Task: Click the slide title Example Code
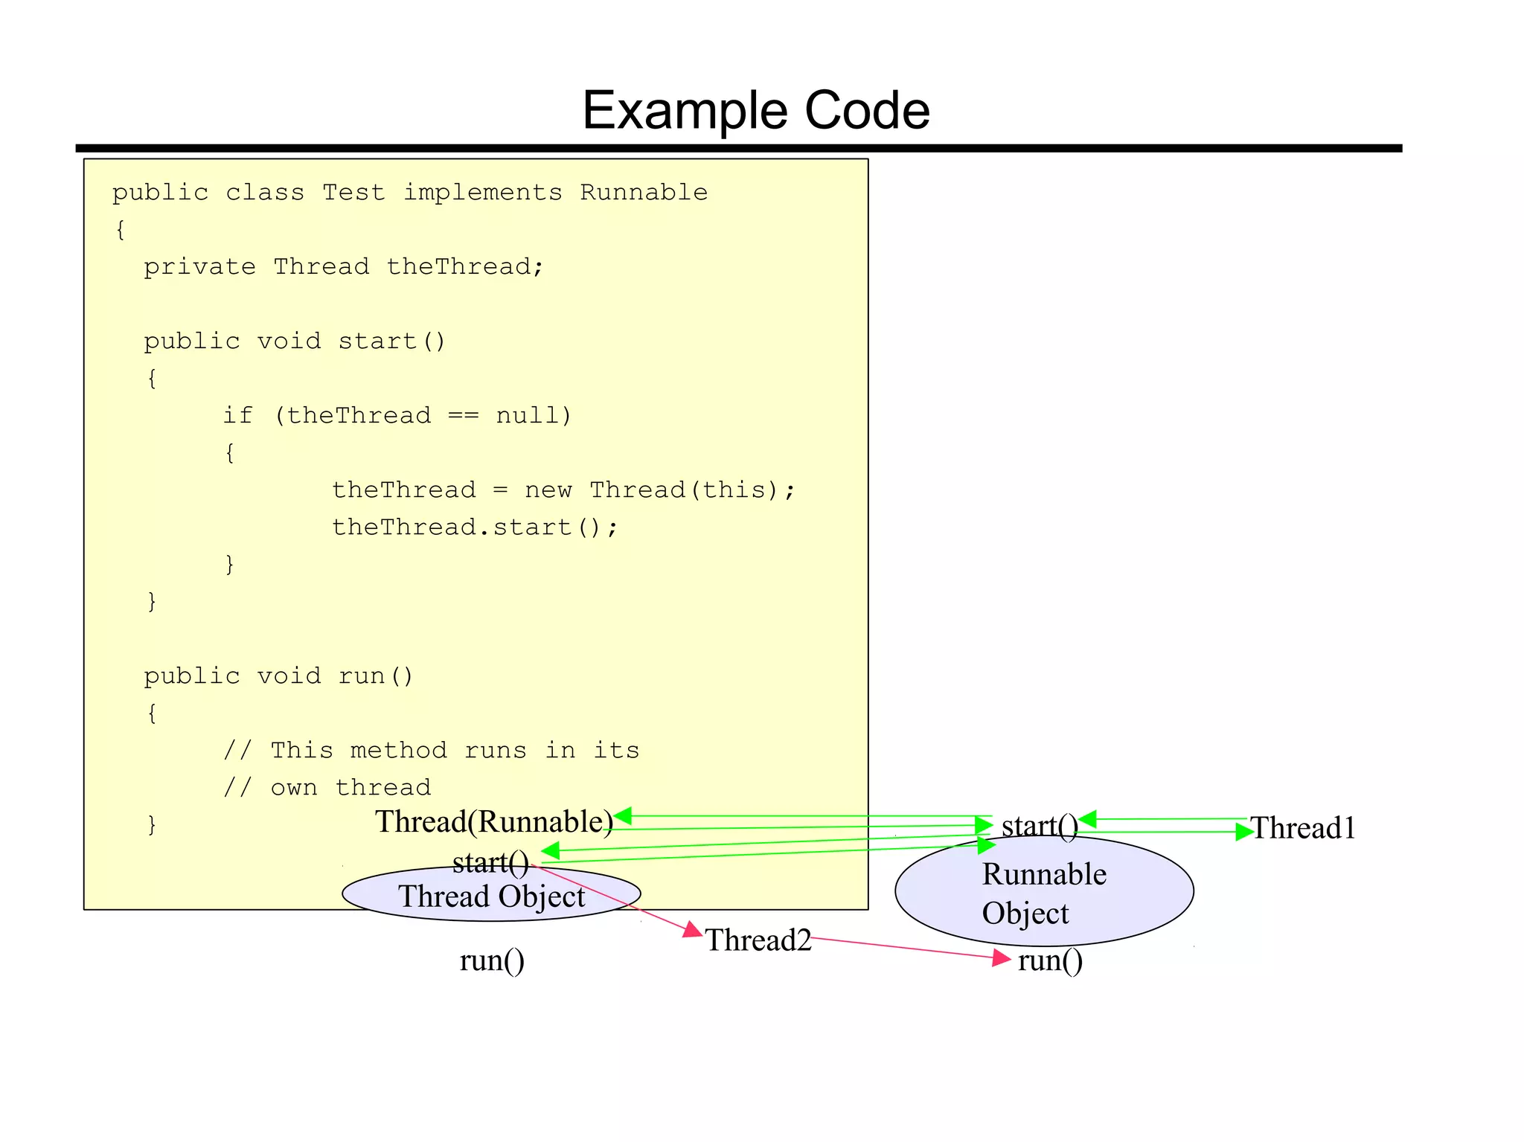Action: (x=755, y=111)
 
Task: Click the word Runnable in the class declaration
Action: (x=644, y=193)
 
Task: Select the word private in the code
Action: (x=199, y=267)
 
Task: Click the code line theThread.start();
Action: (x=475, y=527)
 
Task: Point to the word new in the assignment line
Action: (x=548, y=490)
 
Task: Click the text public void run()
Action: (x=278, y=676)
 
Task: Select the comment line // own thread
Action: (x=327, y=788)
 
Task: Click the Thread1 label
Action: (x=1303, y=829)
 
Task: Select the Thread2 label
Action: (x=758, y=940)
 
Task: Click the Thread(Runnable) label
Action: (x=493, y=822)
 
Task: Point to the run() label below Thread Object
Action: (x=492, y=960)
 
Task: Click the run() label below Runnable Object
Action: (x=1050, y=960)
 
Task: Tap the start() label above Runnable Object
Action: (x=1039, y=826)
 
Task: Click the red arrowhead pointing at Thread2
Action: (x=693, y=930)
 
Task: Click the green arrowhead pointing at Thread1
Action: (x=1243, y=833)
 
